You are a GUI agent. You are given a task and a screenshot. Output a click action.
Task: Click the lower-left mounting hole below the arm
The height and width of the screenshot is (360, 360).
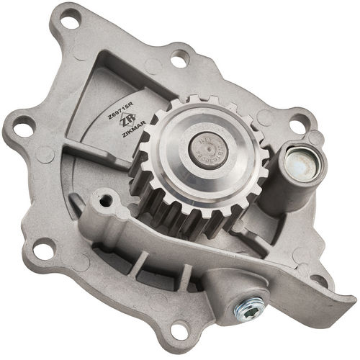tap(42, 251)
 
